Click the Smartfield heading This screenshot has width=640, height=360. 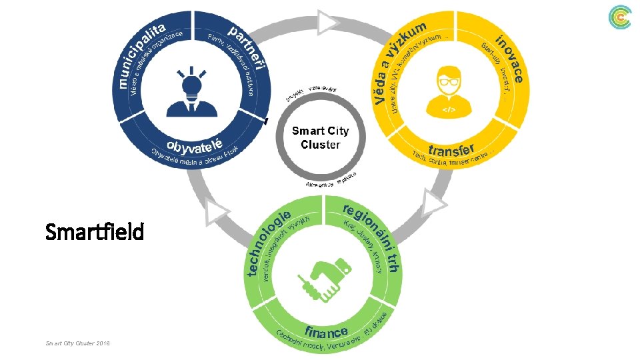point(95,233)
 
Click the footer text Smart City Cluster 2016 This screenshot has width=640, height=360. point(77,343)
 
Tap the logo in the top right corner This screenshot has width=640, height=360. point(620,18)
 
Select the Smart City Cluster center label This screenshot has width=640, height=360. point(320,137)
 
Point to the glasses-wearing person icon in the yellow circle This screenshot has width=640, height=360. point(449,91)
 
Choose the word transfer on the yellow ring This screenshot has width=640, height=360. point(451,149)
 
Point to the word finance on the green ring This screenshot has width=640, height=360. point(327,331)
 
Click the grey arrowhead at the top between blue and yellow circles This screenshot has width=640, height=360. point(327,23)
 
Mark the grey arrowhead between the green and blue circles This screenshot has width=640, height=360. point(216,213)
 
